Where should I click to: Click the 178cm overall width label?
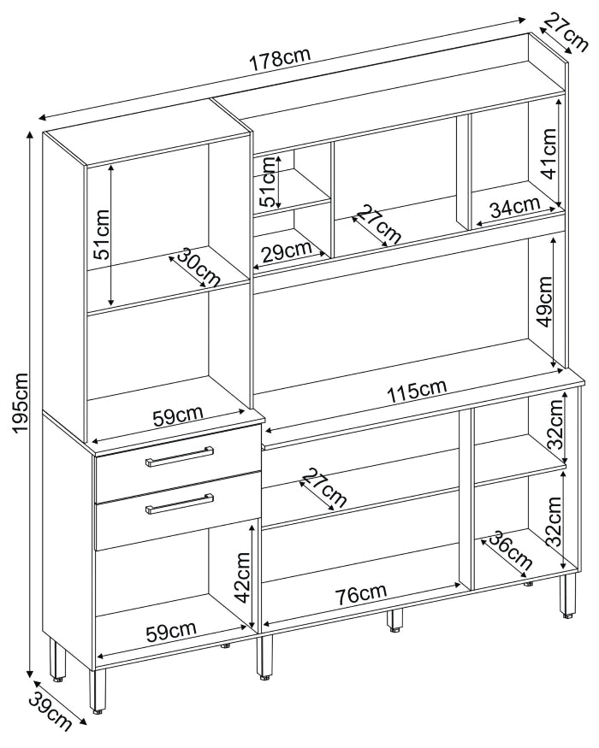click(x=280, y=61)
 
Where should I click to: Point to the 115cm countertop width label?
click(x=416, y=392)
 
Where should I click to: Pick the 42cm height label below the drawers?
click(x=242, y=577)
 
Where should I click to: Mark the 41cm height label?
click(x=549, y=154)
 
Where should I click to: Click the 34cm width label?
click(x=514, y=207)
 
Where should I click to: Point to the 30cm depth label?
click(x=199, y=268)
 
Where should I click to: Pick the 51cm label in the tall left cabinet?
click(x=102, y=234)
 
